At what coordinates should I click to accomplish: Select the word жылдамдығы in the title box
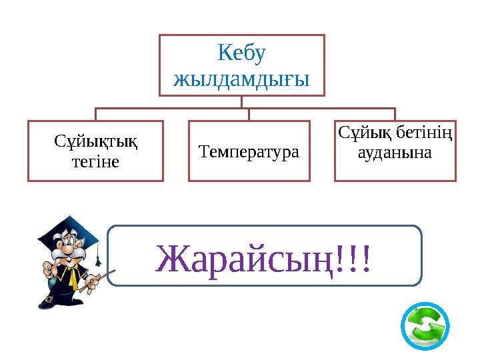point(241,79)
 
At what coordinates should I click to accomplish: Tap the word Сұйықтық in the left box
point(95,142)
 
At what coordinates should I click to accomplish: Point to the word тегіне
point(95,161)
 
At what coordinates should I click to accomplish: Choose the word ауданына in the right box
point(394,153)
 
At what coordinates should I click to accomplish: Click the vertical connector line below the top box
point(241,101)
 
